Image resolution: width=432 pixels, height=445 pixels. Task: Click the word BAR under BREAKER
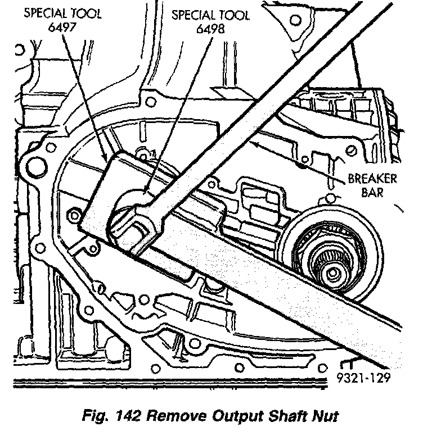tap(373, 194)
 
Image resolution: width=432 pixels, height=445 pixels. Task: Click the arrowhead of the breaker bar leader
tap(254, 143)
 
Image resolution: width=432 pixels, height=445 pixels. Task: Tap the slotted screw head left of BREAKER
tap(352, 151)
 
